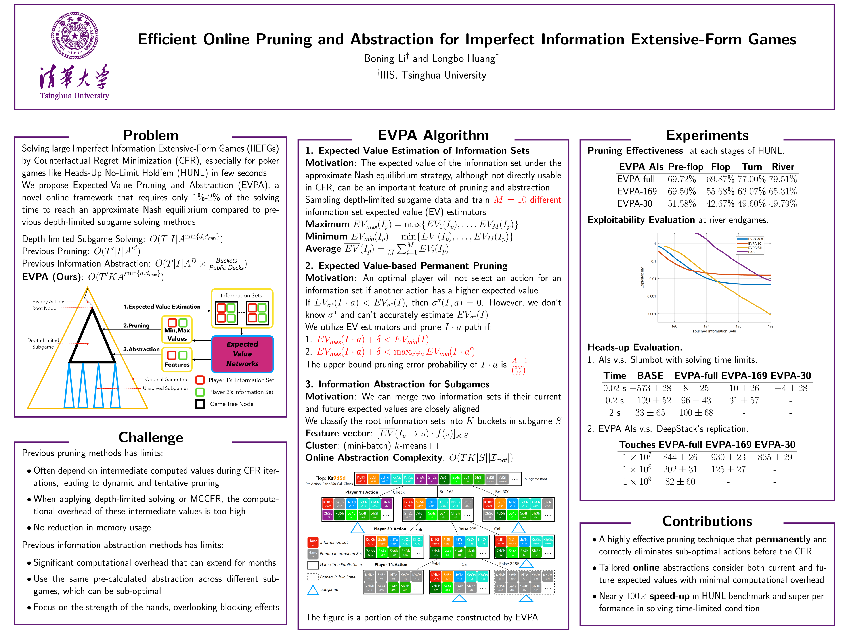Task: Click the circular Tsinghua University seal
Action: click(75, 36)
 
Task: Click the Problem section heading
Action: click(151, 135)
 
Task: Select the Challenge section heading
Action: click(151, 437)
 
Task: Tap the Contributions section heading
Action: click(707, 521)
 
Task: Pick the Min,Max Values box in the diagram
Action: click(177, 329)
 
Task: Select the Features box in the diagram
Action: click(177, 359)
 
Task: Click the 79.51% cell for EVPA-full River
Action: click(783, 179)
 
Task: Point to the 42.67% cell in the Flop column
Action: click(720, 204)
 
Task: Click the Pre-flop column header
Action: click(685, 167)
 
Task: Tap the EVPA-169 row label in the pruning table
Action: click(637, 192)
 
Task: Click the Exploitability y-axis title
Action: click(642, 278)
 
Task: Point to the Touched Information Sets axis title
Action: click(714, 331)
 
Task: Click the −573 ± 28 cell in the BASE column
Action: click(650, 388)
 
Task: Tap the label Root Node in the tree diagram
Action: click(44, 308)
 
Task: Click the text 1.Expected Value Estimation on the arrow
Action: click(162, 306)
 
